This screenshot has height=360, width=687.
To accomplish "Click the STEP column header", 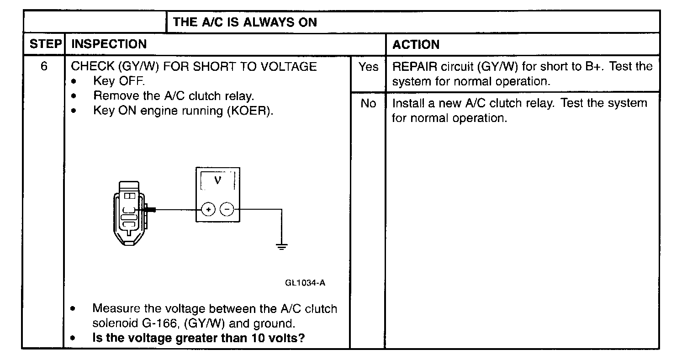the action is coord(45,44).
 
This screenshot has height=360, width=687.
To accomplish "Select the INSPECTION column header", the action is coord(110,44).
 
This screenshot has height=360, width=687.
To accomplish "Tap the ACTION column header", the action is coord(416,45).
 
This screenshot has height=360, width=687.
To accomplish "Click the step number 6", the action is coord(44,66).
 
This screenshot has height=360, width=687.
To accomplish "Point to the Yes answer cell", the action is coord(368,67).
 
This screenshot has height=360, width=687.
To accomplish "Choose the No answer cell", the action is coord(368,104).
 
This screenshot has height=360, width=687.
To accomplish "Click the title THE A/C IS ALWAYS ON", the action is coord(245,22).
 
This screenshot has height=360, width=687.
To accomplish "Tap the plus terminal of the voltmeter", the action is coord(208,210).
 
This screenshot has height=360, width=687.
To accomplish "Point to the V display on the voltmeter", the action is coord(218,180).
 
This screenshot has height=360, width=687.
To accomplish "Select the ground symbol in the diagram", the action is coord(282,247).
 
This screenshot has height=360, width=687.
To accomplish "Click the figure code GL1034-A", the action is coord(305,283).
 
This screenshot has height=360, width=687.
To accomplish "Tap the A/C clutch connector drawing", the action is coord(129,212).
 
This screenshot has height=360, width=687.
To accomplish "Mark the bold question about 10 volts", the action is coord(199,339).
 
